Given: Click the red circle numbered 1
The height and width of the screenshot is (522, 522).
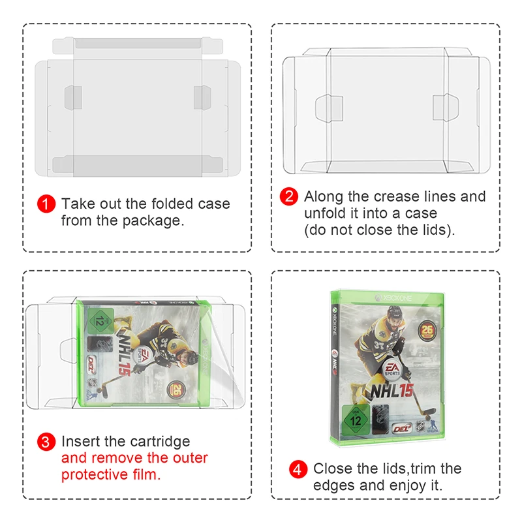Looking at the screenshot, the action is pos(46,204).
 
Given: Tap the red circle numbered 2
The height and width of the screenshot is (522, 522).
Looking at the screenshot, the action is pos(288,196).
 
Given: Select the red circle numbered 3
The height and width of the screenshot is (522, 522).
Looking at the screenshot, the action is pos(46,442).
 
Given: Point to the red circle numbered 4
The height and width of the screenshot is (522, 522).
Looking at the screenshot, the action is pos(298,469).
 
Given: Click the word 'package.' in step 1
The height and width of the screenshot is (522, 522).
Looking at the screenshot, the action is pos(153,221).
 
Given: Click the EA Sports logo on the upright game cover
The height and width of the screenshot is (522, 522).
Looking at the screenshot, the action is pos(392,369).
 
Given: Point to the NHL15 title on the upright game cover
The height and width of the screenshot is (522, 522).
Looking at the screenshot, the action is pos(392,391).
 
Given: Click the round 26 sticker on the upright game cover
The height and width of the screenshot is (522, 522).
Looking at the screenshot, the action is pos(427,331).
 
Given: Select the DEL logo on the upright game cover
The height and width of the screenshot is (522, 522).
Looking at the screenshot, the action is pos(402,429).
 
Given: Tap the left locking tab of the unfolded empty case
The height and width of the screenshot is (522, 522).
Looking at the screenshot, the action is pos(329,108).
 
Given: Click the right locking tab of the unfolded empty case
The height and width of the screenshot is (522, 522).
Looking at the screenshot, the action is pos(446,107).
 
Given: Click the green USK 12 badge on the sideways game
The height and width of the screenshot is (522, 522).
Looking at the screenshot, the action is pos(101,320).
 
